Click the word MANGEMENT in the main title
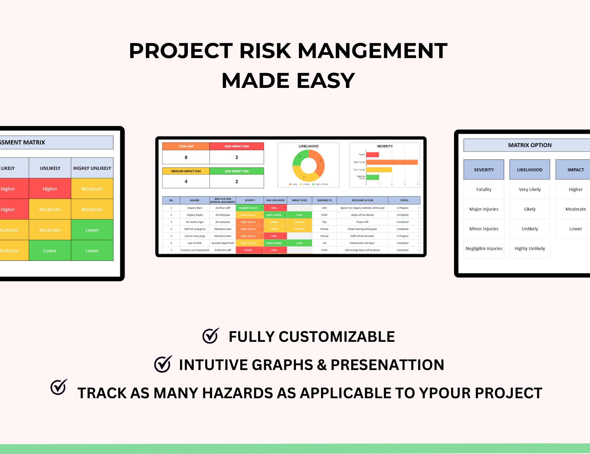point(372,51)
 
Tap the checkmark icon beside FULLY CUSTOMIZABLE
point(210,336)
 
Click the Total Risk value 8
point(186,157)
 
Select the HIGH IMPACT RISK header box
point(237,146)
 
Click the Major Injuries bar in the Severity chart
point(392,162)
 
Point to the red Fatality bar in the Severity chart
point(372,155)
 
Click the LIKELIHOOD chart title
point(308,146)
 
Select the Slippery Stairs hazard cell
point(195,208)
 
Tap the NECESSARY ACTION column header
point(362,200)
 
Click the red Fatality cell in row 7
point(248,250)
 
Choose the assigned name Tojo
point(324,222)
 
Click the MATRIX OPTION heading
point(530,145)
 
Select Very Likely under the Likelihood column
point(530,190)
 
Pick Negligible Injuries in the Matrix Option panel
point(484,249)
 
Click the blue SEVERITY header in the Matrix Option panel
point(484,170)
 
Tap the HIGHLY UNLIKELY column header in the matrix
point(92,168)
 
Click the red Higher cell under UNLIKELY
point(50,189)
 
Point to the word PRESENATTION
point(387,365)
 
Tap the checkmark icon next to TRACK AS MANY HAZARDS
point(59,387)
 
